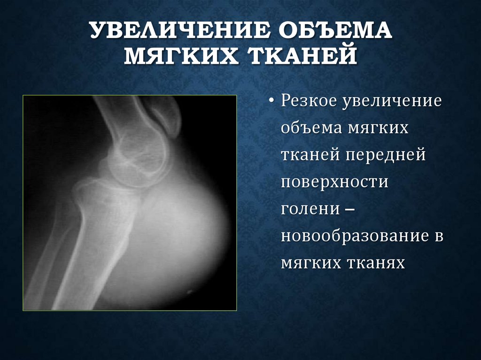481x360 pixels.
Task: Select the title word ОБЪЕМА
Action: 333,31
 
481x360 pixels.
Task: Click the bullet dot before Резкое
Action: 273,102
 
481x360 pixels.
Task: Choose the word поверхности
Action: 334,182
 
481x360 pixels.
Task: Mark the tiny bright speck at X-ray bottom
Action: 190,291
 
